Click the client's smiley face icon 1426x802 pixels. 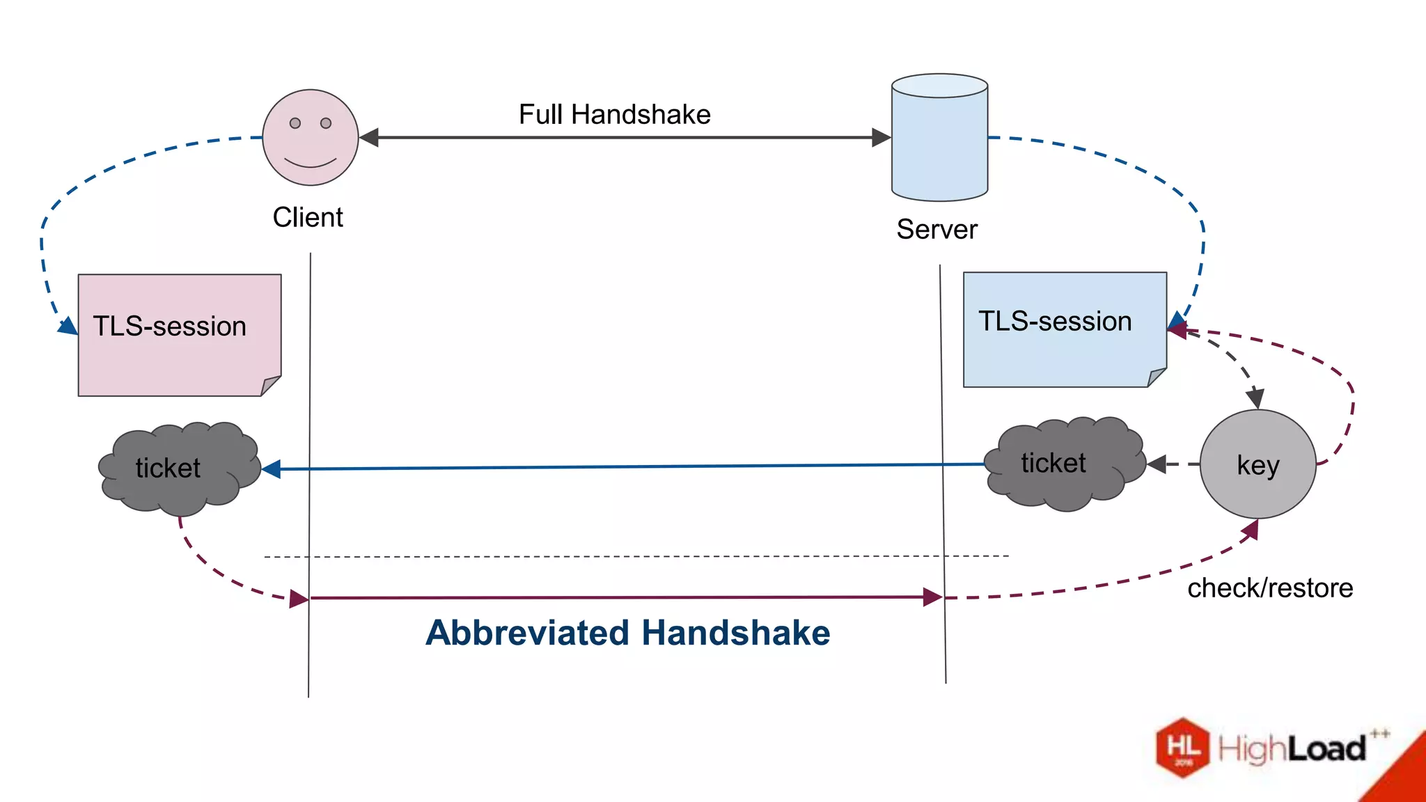(x=310, y=138)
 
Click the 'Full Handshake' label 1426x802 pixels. (x=614, y=114)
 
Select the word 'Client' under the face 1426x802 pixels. (x=307, y=217)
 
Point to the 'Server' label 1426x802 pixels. (x=937, y=229)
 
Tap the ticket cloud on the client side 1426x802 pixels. (x=178, y=468)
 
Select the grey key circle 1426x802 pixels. (x=1257, y=464)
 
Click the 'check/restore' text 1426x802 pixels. (x=1269, y=588)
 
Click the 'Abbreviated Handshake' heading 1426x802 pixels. (x=627, y=633)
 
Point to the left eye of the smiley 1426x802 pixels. (x=295, y=123)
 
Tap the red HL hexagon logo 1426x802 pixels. (x=1182, y=747)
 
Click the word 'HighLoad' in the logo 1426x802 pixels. (x=1292, y=749)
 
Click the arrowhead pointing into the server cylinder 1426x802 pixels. (x=881, y=137)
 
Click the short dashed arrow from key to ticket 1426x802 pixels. (x=1173, y=464)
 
